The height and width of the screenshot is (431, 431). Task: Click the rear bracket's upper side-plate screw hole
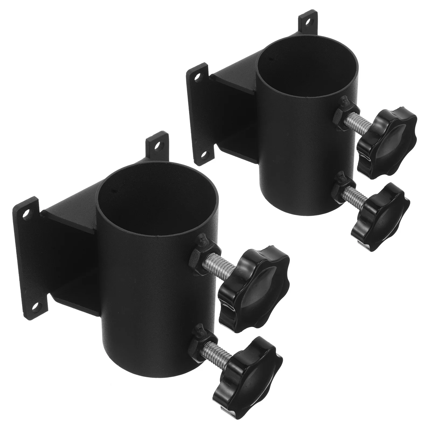click(x=199, y=76)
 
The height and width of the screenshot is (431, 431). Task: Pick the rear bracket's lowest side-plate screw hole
click(x=205, y=154)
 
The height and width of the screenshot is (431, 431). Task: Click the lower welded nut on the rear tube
click(x=340, y=189)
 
